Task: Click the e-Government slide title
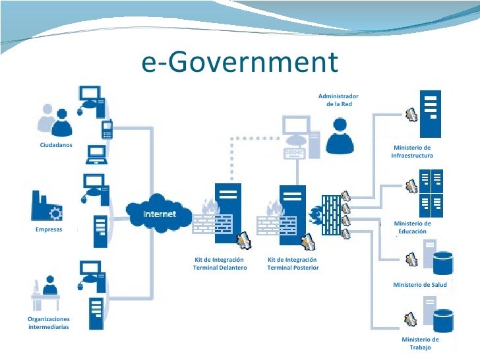239,63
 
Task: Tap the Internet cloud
160,214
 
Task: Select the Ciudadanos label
56,145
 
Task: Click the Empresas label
49,229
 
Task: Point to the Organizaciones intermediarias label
49,322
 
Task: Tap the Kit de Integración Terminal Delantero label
220,264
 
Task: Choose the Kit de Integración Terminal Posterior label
293,264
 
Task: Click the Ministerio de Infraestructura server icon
431,113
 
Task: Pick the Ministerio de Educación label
412,227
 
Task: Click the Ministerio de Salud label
420,285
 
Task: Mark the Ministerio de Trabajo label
420,343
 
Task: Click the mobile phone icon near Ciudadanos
107,129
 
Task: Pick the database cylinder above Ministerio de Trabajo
443,321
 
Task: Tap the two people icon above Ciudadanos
55,119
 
